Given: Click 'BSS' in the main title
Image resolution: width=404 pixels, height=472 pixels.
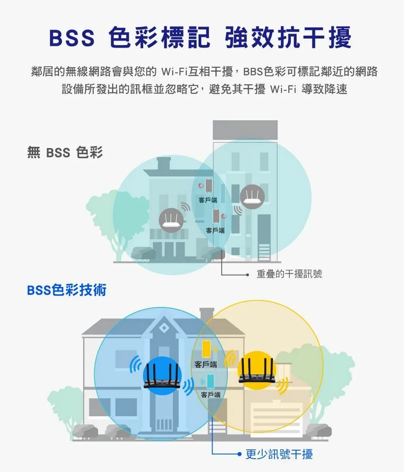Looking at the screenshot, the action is pos(72,38).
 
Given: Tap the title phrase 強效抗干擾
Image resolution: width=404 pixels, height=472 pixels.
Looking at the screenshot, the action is pos(288,38).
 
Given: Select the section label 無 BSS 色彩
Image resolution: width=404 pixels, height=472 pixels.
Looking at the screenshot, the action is pos(65,153).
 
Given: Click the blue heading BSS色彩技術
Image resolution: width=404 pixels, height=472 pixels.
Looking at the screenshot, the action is pos(67,290).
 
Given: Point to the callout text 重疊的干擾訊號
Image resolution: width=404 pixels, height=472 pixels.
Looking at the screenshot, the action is pos(289,274).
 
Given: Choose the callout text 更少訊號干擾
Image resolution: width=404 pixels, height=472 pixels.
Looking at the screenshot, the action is pos(279,454).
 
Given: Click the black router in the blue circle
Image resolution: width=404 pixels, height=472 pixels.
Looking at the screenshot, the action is pos(162,374).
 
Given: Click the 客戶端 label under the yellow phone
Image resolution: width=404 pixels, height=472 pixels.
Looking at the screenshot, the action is pos(205,365).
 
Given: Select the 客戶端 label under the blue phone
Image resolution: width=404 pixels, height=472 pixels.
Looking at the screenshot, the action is pos(211,395).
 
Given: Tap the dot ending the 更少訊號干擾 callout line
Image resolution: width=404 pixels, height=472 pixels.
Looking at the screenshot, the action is pos(239,454).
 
